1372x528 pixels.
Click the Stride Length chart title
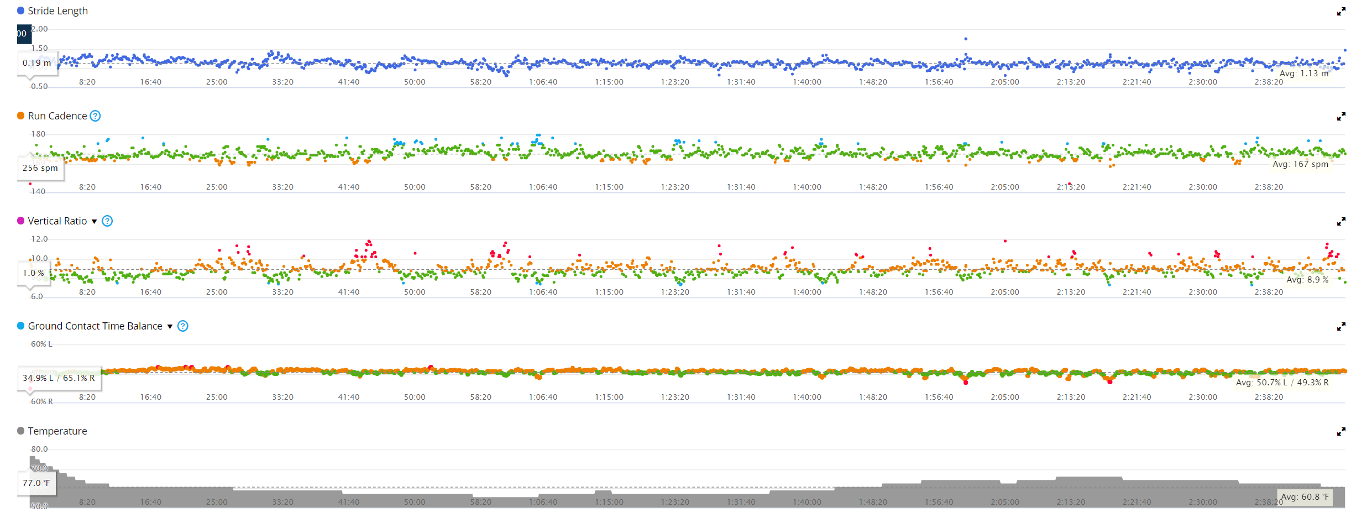click(x=57, y=11)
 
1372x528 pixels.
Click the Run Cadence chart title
click(x=57, y=116)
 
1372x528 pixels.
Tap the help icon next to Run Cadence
click(x=96, y=116)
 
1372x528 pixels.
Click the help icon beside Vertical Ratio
click(x=108, y=221)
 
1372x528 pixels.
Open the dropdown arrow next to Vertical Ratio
click(x=95, y=222)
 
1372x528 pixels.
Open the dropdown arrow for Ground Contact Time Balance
click(x=170, y=327)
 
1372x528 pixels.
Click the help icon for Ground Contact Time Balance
click(x=183, y=326)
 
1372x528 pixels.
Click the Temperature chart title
click(x=57, y=431)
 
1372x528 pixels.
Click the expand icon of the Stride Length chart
click(x=1341, y=12)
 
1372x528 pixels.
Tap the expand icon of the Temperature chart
click(x=1341, y=432)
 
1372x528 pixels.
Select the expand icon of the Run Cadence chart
click(x=1341, y=117)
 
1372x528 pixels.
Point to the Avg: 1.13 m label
click(x=1303, y=74)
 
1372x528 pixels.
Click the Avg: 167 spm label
click(x=1300, y=164)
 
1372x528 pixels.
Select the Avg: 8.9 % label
click(x=1307, y=280)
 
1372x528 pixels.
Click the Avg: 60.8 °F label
click(x=1305, y=497)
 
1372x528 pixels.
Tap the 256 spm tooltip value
click(x=40, y=168)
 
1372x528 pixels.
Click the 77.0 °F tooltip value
click(x=36, y=483)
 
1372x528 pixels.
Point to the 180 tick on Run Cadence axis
click(x=39, y=134)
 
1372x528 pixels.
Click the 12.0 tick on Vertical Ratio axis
click(x=39, y=239)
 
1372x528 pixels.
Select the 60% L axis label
click(x=41, y=344)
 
